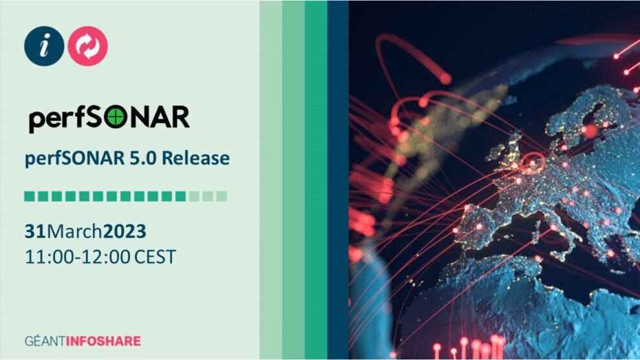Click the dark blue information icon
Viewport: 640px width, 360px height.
click(x=44, y=46)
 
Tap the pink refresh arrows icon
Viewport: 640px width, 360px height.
click(x=88, y=46)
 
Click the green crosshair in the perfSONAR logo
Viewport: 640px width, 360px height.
click(x=116, y=117)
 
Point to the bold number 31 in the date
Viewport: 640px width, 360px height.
click(x=35, y=231)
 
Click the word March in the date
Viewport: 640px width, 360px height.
click(x=74, y=231)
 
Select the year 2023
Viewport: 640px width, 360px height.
click(x=125, y=231)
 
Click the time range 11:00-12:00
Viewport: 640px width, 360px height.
click(x=78, y=257)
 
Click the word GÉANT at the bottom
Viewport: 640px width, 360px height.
click(x=45, y=341)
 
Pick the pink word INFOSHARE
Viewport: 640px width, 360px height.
click(x=103, y=341)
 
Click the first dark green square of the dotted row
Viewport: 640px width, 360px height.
click(x=29, y=196)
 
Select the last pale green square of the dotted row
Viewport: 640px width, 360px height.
click(x=222, y=196)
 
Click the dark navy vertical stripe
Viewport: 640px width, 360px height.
click(x=338, y=180)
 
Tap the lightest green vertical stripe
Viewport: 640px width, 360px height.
click(x=271, y=180)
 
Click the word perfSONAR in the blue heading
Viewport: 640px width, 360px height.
click(x=75, y=158)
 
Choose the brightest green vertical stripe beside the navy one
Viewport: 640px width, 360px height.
click(x=316, y=180)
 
